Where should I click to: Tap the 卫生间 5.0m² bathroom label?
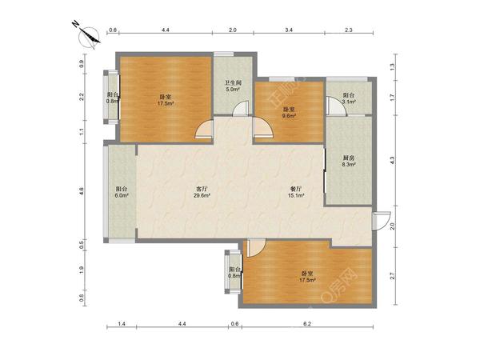click(x=234, y=86)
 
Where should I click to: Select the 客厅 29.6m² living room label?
click(x=202, y=192)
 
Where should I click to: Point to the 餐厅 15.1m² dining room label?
click(x=296, y=192)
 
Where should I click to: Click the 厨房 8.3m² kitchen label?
click(x=349, y=161)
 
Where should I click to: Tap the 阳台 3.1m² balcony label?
click(x=349, y=98)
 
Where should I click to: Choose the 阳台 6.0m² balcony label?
click(x=121, y=192)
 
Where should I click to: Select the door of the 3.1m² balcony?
click(x=336, y=106)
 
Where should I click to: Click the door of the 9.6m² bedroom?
click(x=262, y=128)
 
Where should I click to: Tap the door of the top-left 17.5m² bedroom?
click(x=204, y=129)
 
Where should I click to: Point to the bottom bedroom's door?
click(x=256, y=248)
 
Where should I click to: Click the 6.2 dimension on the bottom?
click(x=307, y=323)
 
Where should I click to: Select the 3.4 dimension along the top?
click(x=289, y=30)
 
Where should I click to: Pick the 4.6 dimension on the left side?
click(x=81, y=191)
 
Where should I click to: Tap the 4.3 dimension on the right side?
click(x=393, y=160)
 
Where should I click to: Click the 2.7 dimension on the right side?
click(x=393, y=276)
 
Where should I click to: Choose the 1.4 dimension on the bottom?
click(x=122, y=323)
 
